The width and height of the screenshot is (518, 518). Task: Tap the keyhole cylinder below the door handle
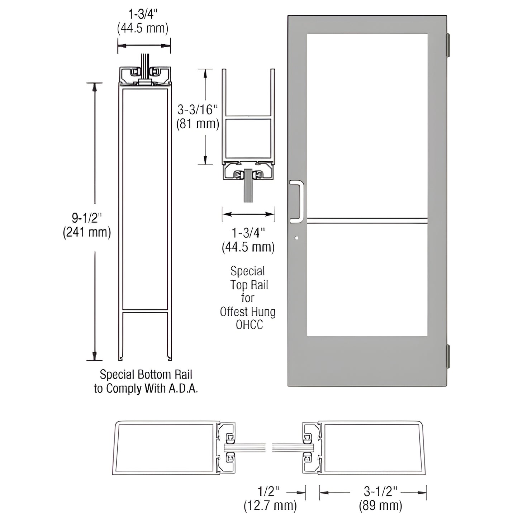coord(296,237)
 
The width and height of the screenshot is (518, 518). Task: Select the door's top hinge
coord(448,45)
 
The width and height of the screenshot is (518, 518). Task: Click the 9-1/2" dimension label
coord(87,218)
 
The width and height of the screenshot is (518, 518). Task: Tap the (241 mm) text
coord(87,232)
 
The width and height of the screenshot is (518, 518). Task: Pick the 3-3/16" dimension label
coord(198,109)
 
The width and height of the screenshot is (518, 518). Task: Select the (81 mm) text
coord(198,124)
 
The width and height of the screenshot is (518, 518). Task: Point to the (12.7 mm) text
coord(270,505)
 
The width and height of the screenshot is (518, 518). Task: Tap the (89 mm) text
coord(380,505)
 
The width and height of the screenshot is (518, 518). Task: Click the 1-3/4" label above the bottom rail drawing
coord(143,14)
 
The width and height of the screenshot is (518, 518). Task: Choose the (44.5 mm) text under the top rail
coord(248,247)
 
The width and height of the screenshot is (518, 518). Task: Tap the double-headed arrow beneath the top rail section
coord(248,214)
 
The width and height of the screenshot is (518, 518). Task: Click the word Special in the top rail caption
coord(248,271)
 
